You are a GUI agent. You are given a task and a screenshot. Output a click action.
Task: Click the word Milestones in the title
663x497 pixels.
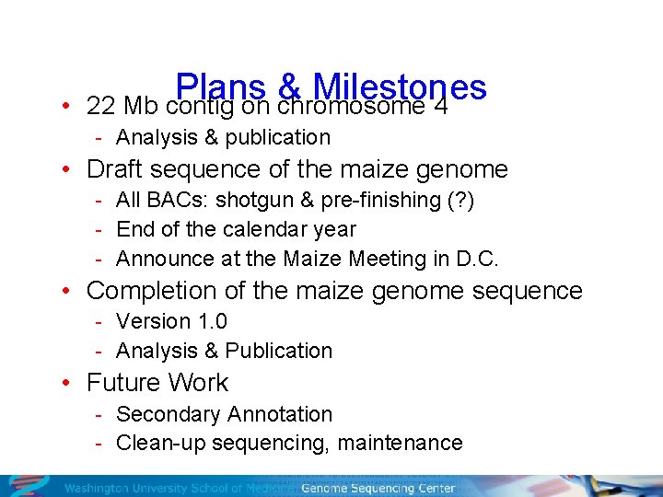[400, 87]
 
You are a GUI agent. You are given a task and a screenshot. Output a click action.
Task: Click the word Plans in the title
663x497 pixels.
[219, 87]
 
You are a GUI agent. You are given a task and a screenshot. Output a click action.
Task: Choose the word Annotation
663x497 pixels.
[283, 414]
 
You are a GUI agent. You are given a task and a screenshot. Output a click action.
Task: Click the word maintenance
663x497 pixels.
[400, 443]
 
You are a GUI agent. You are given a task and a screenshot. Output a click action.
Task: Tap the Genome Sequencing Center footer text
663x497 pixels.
[378, 488]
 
